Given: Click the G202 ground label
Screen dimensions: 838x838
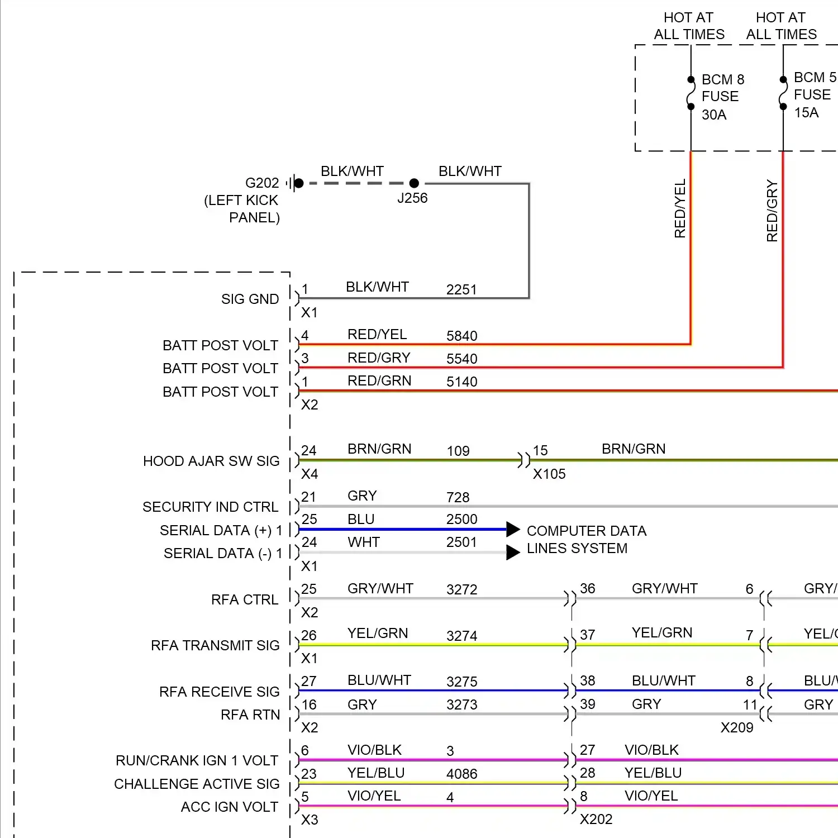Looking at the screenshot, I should [x=262, y=183].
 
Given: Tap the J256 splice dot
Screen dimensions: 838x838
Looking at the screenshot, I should [x=414, y=183].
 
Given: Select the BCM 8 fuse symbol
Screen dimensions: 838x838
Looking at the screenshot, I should [x=691, y=93].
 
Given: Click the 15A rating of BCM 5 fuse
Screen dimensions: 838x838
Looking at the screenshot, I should [x=806, y=113].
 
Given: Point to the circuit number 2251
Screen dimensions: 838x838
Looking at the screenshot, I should [x=461, y=289].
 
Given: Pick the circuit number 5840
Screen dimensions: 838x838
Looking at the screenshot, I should [x=461, y=336].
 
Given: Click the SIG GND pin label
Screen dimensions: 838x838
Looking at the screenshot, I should [x=250, y=299].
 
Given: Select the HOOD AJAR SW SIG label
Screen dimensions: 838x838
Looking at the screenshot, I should [x=211, y=461].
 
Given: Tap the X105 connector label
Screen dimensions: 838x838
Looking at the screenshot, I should [x=549, y=474].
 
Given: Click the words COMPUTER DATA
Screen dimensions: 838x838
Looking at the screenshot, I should [x=587, y=531].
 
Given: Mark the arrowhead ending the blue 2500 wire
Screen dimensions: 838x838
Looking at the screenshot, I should [x=513, y=529].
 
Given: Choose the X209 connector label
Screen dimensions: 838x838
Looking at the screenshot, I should [x=737, y=727].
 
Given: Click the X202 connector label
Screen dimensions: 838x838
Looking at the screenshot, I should [x=596, y=820].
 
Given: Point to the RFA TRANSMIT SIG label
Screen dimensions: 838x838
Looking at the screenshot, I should [x=215, y=646].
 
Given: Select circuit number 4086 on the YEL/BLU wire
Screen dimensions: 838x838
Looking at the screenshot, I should [x=461, y=774].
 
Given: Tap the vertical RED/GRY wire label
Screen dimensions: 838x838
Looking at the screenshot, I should [x=772, y=211].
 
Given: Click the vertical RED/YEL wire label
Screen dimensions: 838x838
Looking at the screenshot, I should [x=680, y=208].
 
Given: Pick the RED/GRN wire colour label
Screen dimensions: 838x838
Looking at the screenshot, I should [x=379, y=381].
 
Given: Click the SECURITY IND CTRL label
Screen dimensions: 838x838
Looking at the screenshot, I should [x=210, y=507].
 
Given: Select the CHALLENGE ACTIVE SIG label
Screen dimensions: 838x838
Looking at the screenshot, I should [x=197, y=784].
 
